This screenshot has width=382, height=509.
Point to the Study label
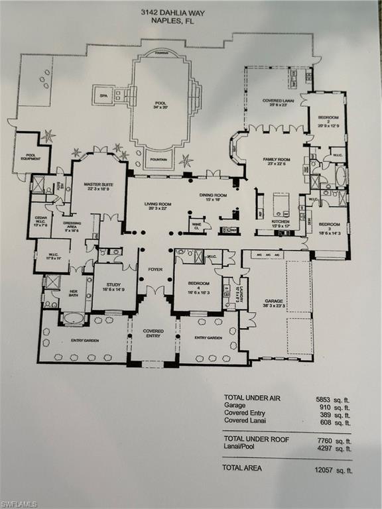click(x=113, y=286)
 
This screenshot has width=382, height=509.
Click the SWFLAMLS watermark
click(x=20, y=503)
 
